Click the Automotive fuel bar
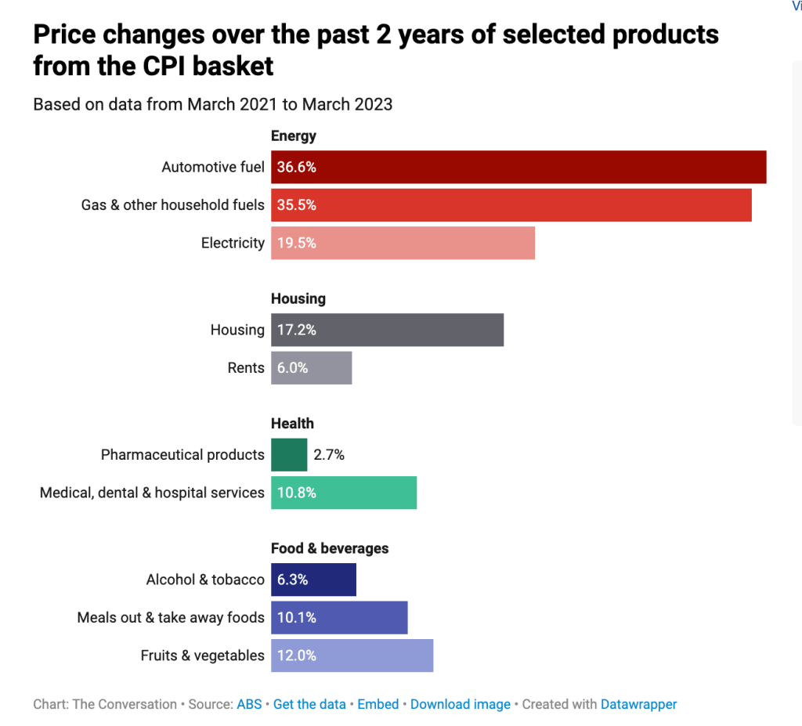tap(518, 167)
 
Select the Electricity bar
tap(403, 243)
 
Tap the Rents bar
tap(312, 368)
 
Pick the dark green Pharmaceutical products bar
tap(289, 455)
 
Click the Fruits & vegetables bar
tap(352, 656)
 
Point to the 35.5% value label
tap(297, 205)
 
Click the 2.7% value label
tap(329, 455)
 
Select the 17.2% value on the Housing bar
tap(297, 330)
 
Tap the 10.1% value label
tap(297, 618)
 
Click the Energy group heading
tap(294, 136)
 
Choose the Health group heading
tap(293, 424)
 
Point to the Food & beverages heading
tap(330, 548)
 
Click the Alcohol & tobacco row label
tap(205, 580)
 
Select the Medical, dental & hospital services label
tap(152, 493)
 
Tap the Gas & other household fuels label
tap(173, 205)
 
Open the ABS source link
tap(249, 705)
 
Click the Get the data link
tap(309, 705)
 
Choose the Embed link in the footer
tap(378, 705)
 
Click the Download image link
tap(461, 705)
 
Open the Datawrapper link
tap(639, 705)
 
